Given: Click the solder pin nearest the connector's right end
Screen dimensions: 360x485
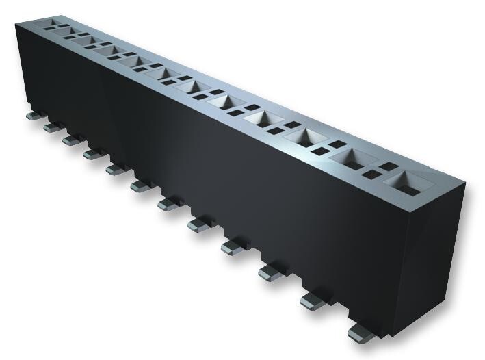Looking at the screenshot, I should coord(360,334).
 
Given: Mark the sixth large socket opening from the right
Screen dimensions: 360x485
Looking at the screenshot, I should coord(195,88).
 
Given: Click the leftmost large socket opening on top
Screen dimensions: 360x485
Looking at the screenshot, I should coord(49,25).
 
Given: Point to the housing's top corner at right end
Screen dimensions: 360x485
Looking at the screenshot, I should coord(465,184).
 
